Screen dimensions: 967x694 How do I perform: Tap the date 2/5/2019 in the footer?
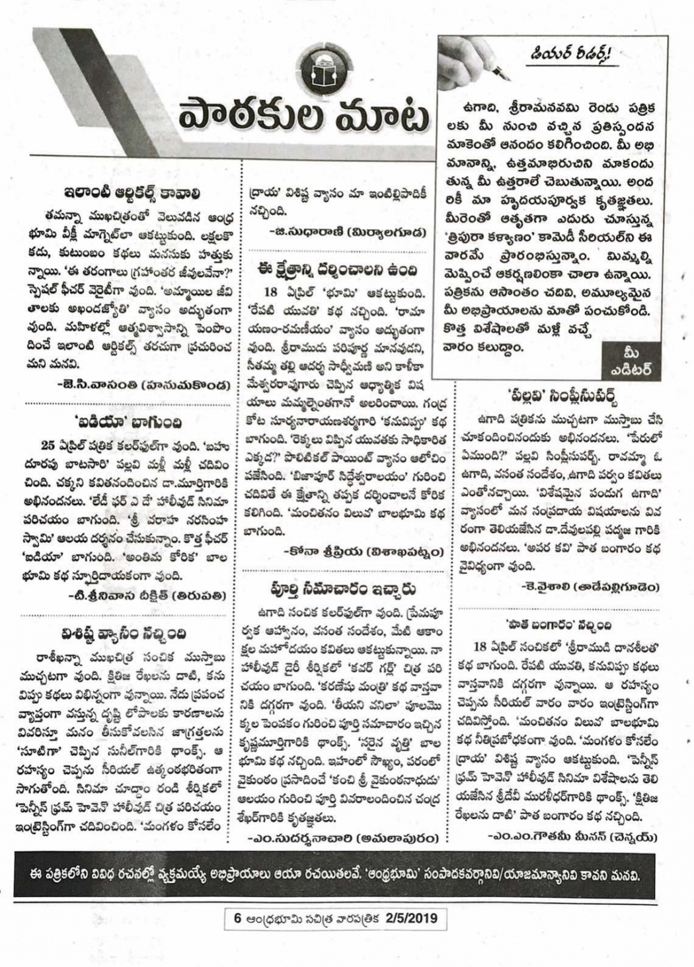tap(414, 919)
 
